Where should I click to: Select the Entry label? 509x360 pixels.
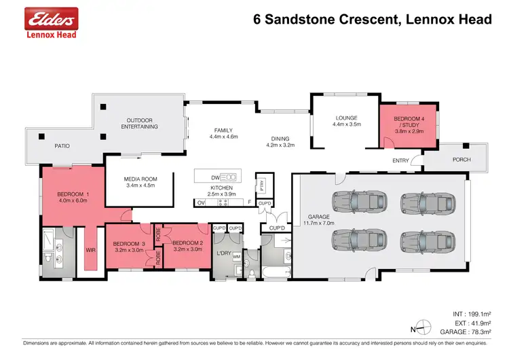pyautogui.click(x=400, y=161)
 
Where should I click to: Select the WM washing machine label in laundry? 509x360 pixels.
pyautogui.click(x=237, y=257)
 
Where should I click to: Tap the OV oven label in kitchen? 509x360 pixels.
pyautogui.click(x=201, y=202)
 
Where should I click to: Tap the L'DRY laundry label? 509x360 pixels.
pyautogui.click(x=223, y=253)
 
